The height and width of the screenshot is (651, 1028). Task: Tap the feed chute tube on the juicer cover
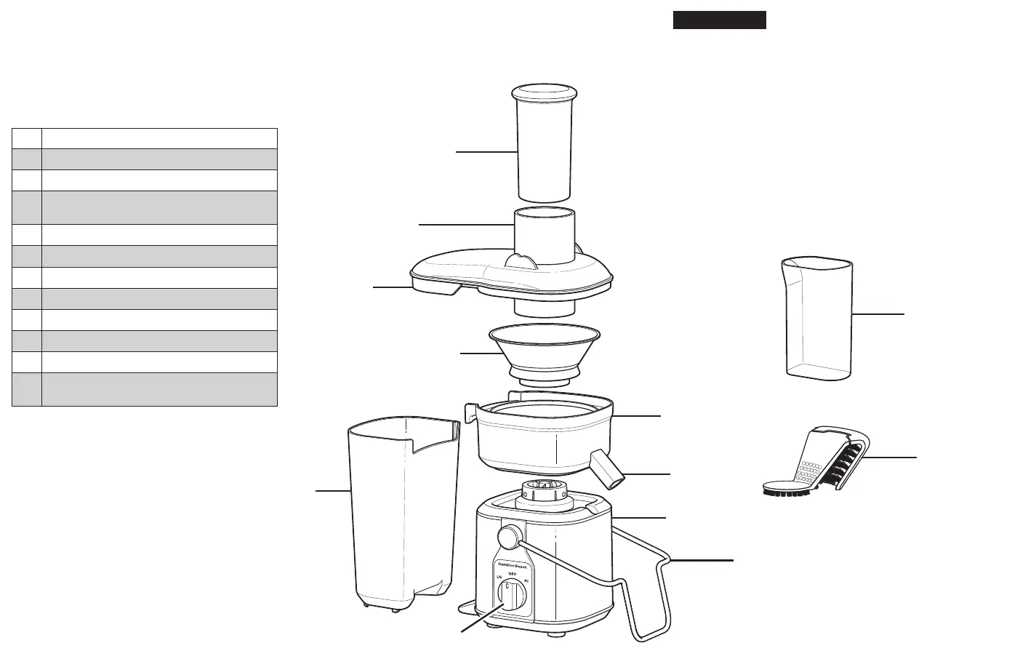(x=545, y=233)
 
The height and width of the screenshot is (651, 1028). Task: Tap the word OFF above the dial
(x=512, y=573)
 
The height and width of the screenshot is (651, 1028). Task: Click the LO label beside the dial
(x=499, y=578)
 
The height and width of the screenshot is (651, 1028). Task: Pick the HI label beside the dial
(x=526, y=581)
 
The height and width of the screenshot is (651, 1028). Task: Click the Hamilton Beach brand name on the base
(x=512, y=565)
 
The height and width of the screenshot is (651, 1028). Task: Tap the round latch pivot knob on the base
(x=510, y=538)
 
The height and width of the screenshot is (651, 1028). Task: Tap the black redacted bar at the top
(x=719, y=20)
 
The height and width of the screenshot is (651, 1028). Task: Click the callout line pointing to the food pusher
(x=486, y=151)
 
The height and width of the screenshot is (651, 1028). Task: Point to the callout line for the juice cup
(x=878, y=314)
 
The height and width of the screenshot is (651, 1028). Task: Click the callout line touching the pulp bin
(x=333, y=492)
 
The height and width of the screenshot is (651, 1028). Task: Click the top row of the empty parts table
(x=145, y=139)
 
